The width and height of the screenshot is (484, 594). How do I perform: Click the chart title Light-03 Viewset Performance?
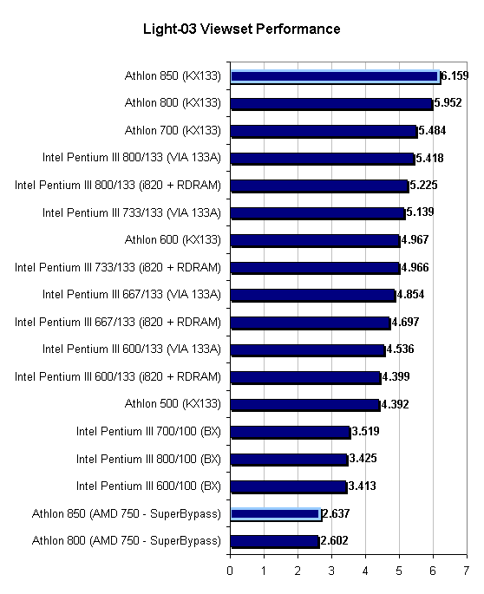[241, 29]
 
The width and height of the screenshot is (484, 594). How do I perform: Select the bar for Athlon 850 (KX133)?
[336, 77]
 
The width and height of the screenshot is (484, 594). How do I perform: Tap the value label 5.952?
[448, 102]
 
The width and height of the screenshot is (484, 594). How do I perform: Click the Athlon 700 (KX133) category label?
[173, 130]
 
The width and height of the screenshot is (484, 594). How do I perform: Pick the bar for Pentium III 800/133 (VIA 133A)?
[323, 159]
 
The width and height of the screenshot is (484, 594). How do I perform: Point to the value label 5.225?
[423, 186]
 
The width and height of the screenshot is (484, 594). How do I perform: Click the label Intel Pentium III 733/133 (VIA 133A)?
[131, 213]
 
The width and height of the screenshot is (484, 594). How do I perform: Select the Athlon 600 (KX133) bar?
[315, 240]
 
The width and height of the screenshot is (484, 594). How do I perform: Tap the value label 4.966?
[415, 267]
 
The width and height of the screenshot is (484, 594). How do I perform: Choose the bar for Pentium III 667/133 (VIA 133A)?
[313, 295]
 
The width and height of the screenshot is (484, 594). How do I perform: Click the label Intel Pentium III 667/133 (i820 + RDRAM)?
[117, 322]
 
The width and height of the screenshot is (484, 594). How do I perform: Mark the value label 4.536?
[400, 349]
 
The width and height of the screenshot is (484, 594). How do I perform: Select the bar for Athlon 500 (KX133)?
[305, 405]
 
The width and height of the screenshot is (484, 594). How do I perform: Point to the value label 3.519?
[365, 432]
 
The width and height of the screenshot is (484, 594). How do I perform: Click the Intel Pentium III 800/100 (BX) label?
[148, 459]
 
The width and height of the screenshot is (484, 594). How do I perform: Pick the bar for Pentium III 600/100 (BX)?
[289, 486]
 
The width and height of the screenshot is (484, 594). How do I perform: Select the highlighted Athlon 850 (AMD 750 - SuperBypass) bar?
[276, 514]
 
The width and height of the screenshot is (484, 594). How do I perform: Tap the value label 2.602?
[334, 540]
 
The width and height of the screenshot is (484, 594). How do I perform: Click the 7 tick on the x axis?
[466, 571]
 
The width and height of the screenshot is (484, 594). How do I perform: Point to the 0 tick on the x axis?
[230, 571]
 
